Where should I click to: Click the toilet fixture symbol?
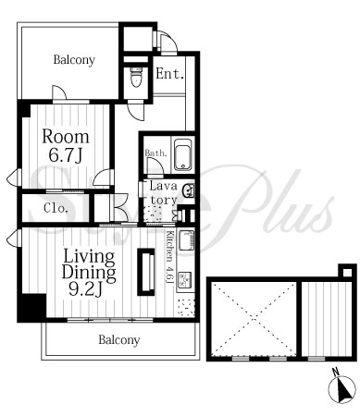pos(136,77)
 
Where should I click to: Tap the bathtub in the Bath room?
pos(183,154)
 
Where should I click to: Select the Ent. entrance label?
pos(170,74)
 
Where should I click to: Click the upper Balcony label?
pos(74,59)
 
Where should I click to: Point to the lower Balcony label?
pos(119,340)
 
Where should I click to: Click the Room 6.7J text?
pos(66,146)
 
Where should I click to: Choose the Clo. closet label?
pos(56,209)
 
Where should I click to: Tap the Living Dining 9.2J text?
pos(89,273)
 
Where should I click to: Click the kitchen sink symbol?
pos(187,241)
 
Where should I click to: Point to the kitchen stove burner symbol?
pos(186,278)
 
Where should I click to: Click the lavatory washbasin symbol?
pos(188,190)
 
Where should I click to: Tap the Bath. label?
pos(156,153)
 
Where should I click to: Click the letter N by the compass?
pos(336,372)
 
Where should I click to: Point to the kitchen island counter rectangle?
pos(145,272)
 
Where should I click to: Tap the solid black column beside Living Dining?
pos(31,308)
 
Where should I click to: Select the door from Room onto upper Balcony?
pos(59,93)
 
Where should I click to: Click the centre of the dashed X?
pos(254,318)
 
